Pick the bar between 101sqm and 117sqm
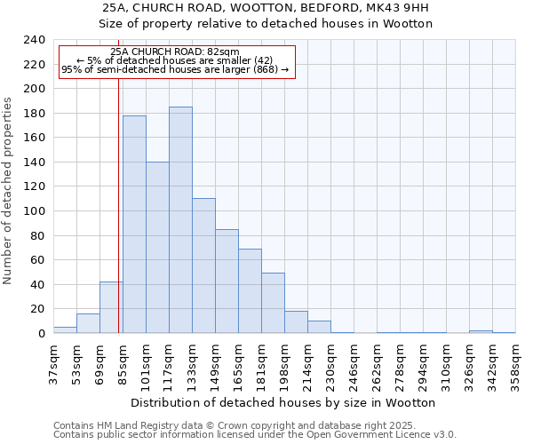pos(157,248)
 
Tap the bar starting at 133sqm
pos(203,266)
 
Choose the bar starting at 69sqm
pos(111,307)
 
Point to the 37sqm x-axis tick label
pos(53,362)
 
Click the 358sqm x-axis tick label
pos(515,362)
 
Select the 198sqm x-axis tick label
pos(284,362)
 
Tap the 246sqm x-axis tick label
pos(354,362)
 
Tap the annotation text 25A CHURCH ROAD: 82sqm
pos(176,52)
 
